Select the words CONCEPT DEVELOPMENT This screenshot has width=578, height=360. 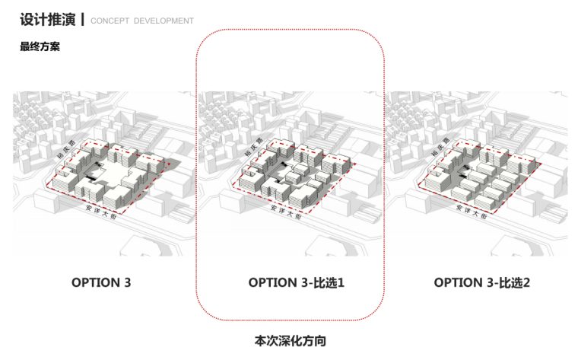(x=141, y=21)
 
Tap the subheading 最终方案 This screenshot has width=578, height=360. (x=40, y=46)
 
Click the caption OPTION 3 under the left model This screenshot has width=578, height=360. (x=101, y=282)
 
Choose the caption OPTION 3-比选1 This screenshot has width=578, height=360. (x=297, y=282)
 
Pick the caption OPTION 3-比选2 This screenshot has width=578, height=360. (x=482, y=282)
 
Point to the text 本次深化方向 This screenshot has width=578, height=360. (x=290, y=340)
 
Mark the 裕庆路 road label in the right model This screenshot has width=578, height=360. (x=438, y=152)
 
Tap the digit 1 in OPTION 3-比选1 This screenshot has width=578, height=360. (x=341, y=282)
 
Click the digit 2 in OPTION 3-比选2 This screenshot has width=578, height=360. (x=526, y=282)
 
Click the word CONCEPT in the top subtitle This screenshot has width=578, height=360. (x=110, y=21)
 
